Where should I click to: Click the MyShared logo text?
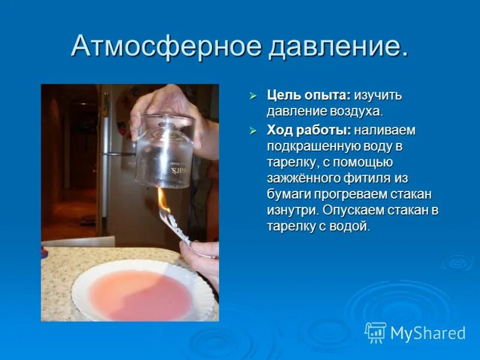click(x=428, y=333)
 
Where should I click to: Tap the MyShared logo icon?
click(x=376, y=332)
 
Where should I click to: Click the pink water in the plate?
click(x=142, y=294)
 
